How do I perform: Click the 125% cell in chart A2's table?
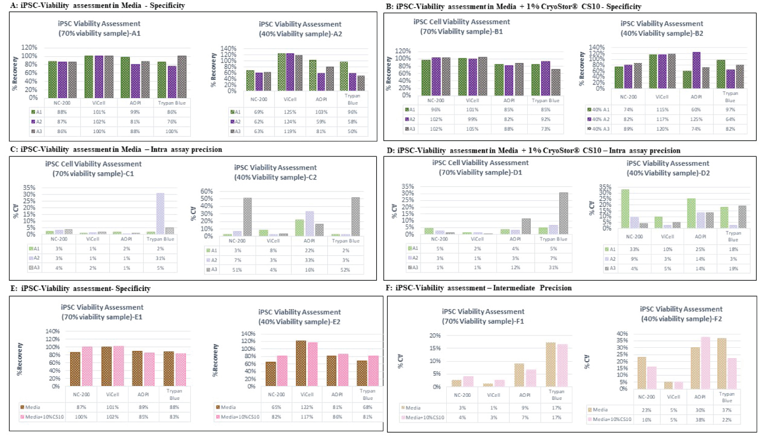pos(290,112)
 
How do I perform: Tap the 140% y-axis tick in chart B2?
pos(597,47)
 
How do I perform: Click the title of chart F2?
pos(681,314)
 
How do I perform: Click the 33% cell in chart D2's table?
pos(634,249)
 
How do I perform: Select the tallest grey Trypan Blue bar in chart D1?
pos(564,213)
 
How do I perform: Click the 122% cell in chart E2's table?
pos(307,407)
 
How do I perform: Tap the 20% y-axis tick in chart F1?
pos(435,335)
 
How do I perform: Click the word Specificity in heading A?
pos(167,6)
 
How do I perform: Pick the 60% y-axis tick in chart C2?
pos(207,191)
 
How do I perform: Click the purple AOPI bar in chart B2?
pos(696,70)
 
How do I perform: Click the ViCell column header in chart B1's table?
pos(472,101)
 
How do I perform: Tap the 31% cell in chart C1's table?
pos(160,259)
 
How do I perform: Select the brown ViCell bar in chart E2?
pos(301,363)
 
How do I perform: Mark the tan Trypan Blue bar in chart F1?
pos(550,364)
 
